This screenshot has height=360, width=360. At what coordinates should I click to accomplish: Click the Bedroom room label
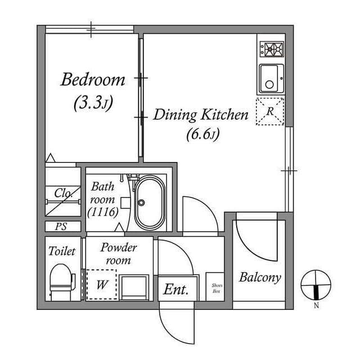pyautogui.click(x=93, y=80)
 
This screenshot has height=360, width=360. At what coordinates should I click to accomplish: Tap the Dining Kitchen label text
pyautogui.click(x=201, y=116)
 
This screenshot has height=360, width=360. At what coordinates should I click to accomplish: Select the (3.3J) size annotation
pyautogui.click(x=93, y=103)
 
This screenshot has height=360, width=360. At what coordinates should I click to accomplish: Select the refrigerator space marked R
pyautogui.click(x=270, y=111)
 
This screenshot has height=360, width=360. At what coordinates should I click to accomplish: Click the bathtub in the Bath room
pyautogui.click(x=149, y=203)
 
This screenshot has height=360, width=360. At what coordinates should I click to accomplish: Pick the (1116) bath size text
pyautogui.click(x=102, y=212)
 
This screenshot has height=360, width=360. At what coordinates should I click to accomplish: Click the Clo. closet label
pyautogui.click(x=62, y=193)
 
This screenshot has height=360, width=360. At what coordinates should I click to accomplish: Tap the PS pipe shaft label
pyautogui.click(x=61, y=227)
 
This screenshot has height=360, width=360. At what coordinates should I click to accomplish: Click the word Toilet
pyautogui.click(x=62, y=251)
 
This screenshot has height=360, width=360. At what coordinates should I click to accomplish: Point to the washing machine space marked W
pyautogui.click(x=101, y=285)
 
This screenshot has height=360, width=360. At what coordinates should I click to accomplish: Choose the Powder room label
pyautogui.click(x=118, y=254)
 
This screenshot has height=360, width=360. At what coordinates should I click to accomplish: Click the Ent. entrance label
pyautogui.click(x=176, y=290)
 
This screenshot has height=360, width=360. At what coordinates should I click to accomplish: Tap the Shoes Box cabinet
pyautogui.click(x=217, y=288)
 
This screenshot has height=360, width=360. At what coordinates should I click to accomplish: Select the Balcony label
pyautogui.click(x=259, y=277)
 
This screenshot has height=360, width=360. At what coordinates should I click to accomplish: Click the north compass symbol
pyautogui.click(x=316, y=285)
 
